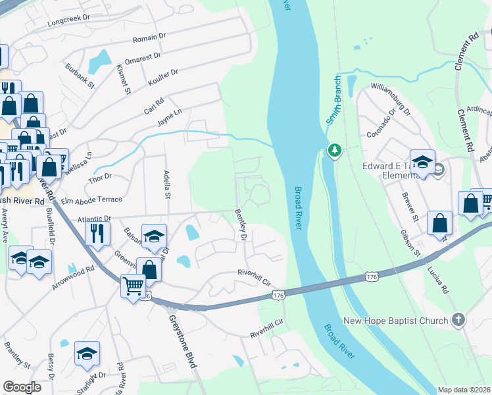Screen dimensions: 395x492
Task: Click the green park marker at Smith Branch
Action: tap(334, 151)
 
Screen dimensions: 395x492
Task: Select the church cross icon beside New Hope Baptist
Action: tap(458, 321)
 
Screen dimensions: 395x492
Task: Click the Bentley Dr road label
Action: tap(240, 224)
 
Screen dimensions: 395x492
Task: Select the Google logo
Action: tap(22, 387)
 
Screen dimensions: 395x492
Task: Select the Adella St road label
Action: tap(167, 184)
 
